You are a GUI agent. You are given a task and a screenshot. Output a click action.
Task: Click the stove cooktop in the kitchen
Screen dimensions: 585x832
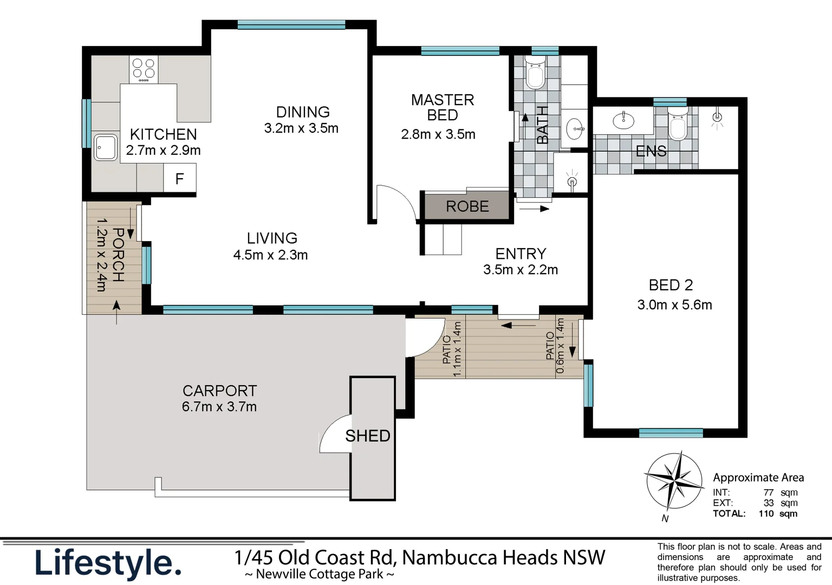click(144, 69)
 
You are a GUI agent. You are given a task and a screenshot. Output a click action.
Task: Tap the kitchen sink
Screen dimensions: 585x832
click(105, 147)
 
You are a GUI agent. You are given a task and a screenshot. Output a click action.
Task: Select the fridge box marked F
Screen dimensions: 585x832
click(179, 178)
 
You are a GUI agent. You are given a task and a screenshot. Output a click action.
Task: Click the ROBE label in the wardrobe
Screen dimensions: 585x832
click(467, 206)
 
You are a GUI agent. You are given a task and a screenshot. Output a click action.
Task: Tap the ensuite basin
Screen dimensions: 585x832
click(623, 120)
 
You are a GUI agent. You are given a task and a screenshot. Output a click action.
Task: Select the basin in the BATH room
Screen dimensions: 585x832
click(575, 129)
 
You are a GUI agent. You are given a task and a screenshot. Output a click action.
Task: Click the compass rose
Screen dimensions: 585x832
click(673, 480)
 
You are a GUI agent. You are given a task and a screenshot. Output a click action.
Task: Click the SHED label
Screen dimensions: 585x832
click(368, 436)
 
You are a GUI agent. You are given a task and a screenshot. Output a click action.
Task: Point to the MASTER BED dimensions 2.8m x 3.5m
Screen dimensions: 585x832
click(438, 134)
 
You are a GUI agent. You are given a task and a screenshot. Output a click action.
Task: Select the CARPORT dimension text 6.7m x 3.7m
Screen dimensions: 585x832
click(219, 407)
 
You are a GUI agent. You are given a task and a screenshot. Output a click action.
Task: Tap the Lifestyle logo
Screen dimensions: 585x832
click(108, 563)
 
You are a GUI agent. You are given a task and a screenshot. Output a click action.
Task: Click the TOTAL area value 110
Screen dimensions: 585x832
click(766, 513)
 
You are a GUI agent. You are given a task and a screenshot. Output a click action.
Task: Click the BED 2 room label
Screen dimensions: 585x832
click(671, 285)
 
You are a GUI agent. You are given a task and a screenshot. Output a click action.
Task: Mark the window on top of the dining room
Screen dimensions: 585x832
click(291, 24)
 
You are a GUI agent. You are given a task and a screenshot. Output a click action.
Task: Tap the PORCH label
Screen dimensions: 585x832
click(118, 255)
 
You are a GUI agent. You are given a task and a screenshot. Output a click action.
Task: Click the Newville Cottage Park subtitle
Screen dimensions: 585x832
click(319, 574)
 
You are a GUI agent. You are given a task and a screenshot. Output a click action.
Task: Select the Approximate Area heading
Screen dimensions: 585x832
click(758, 478)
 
